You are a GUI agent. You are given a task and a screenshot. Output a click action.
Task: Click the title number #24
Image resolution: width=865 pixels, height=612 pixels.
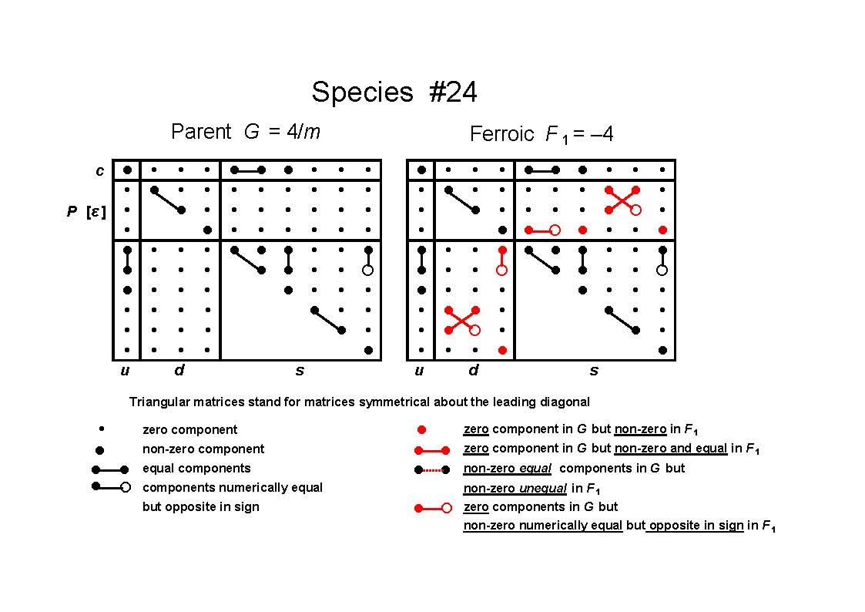pyautogui.click(x=453, y=92)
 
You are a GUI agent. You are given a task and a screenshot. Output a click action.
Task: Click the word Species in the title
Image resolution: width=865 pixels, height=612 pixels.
pyautogui.click(x=363, y=92)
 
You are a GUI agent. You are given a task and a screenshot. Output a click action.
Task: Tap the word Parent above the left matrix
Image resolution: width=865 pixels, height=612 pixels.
pyautogui.click(x=201, y=131)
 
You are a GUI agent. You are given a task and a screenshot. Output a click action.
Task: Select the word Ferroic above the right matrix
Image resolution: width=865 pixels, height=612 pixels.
pyautogui.click(x=502, y=133)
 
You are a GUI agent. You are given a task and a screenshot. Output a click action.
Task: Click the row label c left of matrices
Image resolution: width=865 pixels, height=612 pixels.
pyautogui.click(x=100, y=170)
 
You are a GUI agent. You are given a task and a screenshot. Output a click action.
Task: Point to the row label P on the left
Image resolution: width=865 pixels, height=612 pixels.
pyautogui.click(x=72, y=210)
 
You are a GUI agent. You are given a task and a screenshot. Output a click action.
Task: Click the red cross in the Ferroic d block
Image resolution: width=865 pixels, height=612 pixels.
pyautogui.click(x=462, y=320)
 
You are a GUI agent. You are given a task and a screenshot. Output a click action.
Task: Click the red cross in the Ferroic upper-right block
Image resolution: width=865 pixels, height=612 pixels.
pyautogui.click(x=622, y=200)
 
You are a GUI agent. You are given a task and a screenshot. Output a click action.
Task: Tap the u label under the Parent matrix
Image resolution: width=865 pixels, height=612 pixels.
pyautogui.click(x=126, y=371)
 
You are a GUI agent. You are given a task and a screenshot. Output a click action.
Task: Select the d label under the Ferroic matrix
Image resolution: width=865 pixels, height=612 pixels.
pyautogui.click(x=473, y=370)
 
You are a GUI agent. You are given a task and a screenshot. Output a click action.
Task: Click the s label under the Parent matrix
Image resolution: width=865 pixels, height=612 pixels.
pyautogui.click(x=300, y=371)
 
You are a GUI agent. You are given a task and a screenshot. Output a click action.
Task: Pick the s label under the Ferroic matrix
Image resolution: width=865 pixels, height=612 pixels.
pyautogui.click(x=594, y=371)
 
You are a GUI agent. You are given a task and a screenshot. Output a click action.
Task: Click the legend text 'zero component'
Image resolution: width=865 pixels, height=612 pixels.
pyautogui.click(x=189, y=429)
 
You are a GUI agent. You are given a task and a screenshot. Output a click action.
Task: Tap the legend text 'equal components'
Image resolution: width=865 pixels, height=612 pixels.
pyautogui.click(x=196, y=468)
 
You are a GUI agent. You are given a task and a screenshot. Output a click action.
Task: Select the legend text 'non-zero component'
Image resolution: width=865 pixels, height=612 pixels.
pyautogui.click(x=203, y=449)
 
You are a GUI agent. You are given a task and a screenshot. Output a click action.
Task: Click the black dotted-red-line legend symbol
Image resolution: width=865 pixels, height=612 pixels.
pyautogui.click(x=432, y=470)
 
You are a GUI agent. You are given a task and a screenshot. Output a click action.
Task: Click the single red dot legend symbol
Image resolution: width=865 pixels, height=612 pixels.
pyautogui.click(x=421, y=429)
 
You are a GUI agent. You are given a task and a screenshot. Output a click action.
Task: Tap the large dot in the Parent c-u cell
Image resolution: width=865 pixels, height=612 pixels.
pyautogui.click(x=127, y=170)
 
